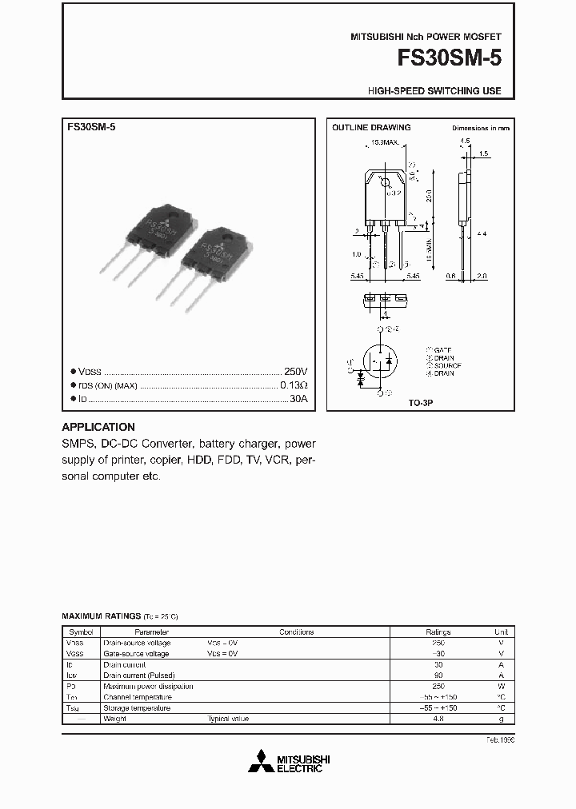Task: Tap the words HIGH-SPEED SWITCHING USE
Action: coord(434,91)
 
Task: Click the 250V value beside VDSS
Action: coord(295,373)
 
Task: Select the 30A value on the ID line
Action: coord(298,398)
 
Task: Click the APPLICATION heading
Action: coord(98,427)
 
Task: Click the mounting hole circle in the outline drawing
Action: coord(384,183)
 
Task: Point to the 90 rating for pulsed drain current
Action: coord(438,675)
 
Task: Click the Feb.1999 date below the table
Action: coord(500,739)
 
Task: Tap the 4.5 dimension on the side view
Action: coord(465,141)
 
